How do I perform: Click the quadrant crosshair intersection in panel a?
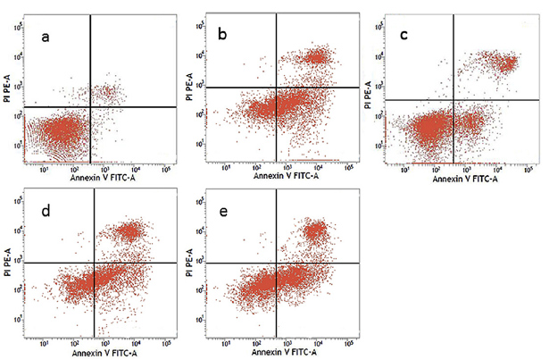click(90, 107)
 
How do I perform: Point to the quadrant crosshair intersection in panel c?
click(453, 99)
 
